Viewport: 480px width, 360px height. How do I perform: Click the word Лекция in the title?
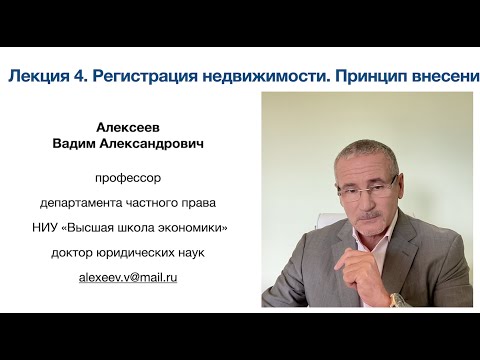pos(37,77)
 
